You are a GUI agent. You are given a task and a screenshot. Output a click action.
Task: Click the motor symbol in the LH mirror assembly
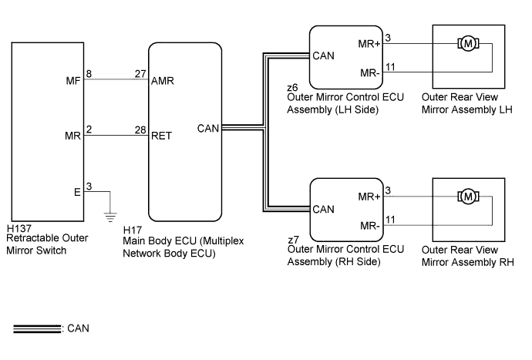468,43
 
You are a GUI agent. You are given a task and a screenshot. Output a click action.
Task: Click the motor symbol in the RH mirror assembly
468,197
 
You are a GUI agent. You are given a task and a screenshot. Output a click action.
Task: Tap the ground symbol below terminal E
110,217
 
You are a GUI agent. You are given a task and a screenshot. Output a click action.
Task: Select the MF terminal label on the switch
73,81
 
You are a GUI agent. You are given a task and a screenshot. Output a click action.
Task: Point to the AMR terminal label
163,81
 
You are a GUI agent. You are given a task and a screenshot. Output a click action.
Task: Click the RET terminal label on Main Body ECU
161,136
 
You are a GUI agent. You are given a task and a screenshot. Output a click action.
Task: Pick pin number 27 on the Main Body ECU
140,74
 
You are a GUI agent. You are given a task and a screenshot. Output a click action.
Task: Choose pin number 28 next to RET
140,130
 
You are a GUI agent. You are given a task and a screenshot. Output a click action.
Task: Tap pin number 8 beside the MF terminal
89,74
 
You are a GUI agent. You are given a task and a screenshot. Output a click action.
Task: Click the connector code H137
19,228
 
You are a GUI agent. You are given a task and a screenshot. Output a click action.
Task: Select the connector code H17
133,230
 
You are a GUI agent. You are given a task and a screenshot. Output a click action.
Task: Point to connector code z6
292,88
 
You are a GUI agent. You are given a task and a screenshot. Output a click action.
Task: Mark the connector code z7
293,240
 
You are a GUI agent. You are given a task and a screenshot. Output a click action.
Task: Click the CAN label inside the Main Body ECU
208,129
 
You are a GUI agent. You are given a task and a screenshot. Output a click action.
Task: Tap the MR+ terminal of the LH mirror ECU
369,44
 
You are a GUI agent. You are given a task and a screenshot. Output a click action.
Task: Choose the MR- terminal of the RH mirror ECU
370,226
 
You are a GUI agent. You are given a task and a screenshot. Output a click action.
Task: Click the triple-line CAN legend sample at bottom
37,328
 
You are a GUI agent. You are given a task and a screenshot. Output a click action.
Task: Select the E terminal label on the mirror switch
77,193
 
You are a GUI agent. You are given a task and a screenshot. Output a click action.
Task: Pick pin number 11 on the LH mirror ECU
390,67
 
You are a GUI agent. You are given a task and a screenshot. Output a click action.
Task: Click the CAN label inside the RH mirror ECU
323,210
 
